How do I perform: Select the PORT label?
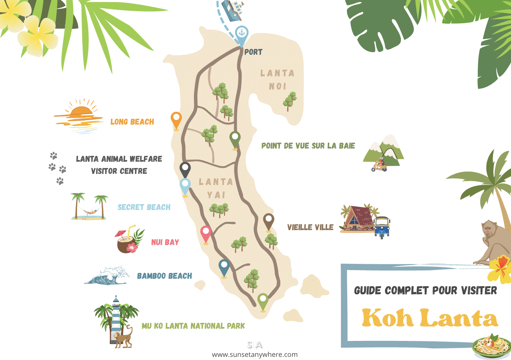(253, 52)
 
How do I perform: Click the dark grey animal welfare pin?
(185, 169)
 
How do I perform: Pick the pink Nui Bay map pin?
(206, 233)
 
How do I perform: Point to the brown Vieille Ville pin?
(269, 221)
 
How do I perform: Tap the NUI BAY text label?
(165, 242)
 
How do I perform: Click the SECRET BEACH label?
(144, 207)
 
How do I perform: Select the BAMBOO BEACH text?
(164, 276)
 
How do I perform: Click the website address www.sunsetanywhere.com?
(255, 355)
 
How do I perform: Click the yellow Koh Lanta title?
(430, 318)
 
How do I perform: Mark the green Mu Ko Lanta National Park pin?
(263, 301)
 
